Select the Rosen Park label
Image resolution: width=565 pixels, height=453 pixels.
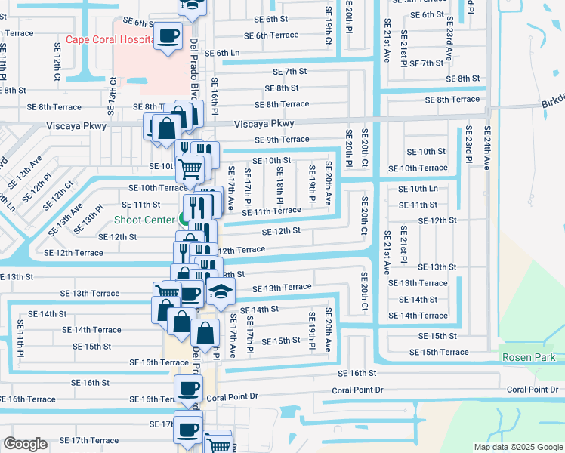(528, 357)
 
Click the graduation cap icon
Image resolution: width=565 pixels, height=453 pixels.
(221, 291)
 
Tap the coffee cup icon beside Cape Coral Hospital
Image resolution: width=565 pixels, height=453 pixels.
(168, 35)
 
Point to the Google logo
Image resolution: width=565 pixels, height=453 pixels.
(25, 444)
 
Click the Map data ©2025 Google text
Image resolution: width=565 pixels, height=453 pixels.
(517, 447)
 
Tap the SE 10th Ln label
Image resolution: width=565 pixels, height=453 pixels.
(418, 189)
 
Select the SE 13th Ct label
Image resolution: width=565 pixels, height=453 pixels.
(113, 90)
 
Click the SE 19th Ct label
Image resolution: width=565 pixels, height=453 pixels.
(329, 32)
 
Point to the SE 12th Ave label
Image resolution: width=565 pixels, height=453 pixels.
(21, 174)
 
